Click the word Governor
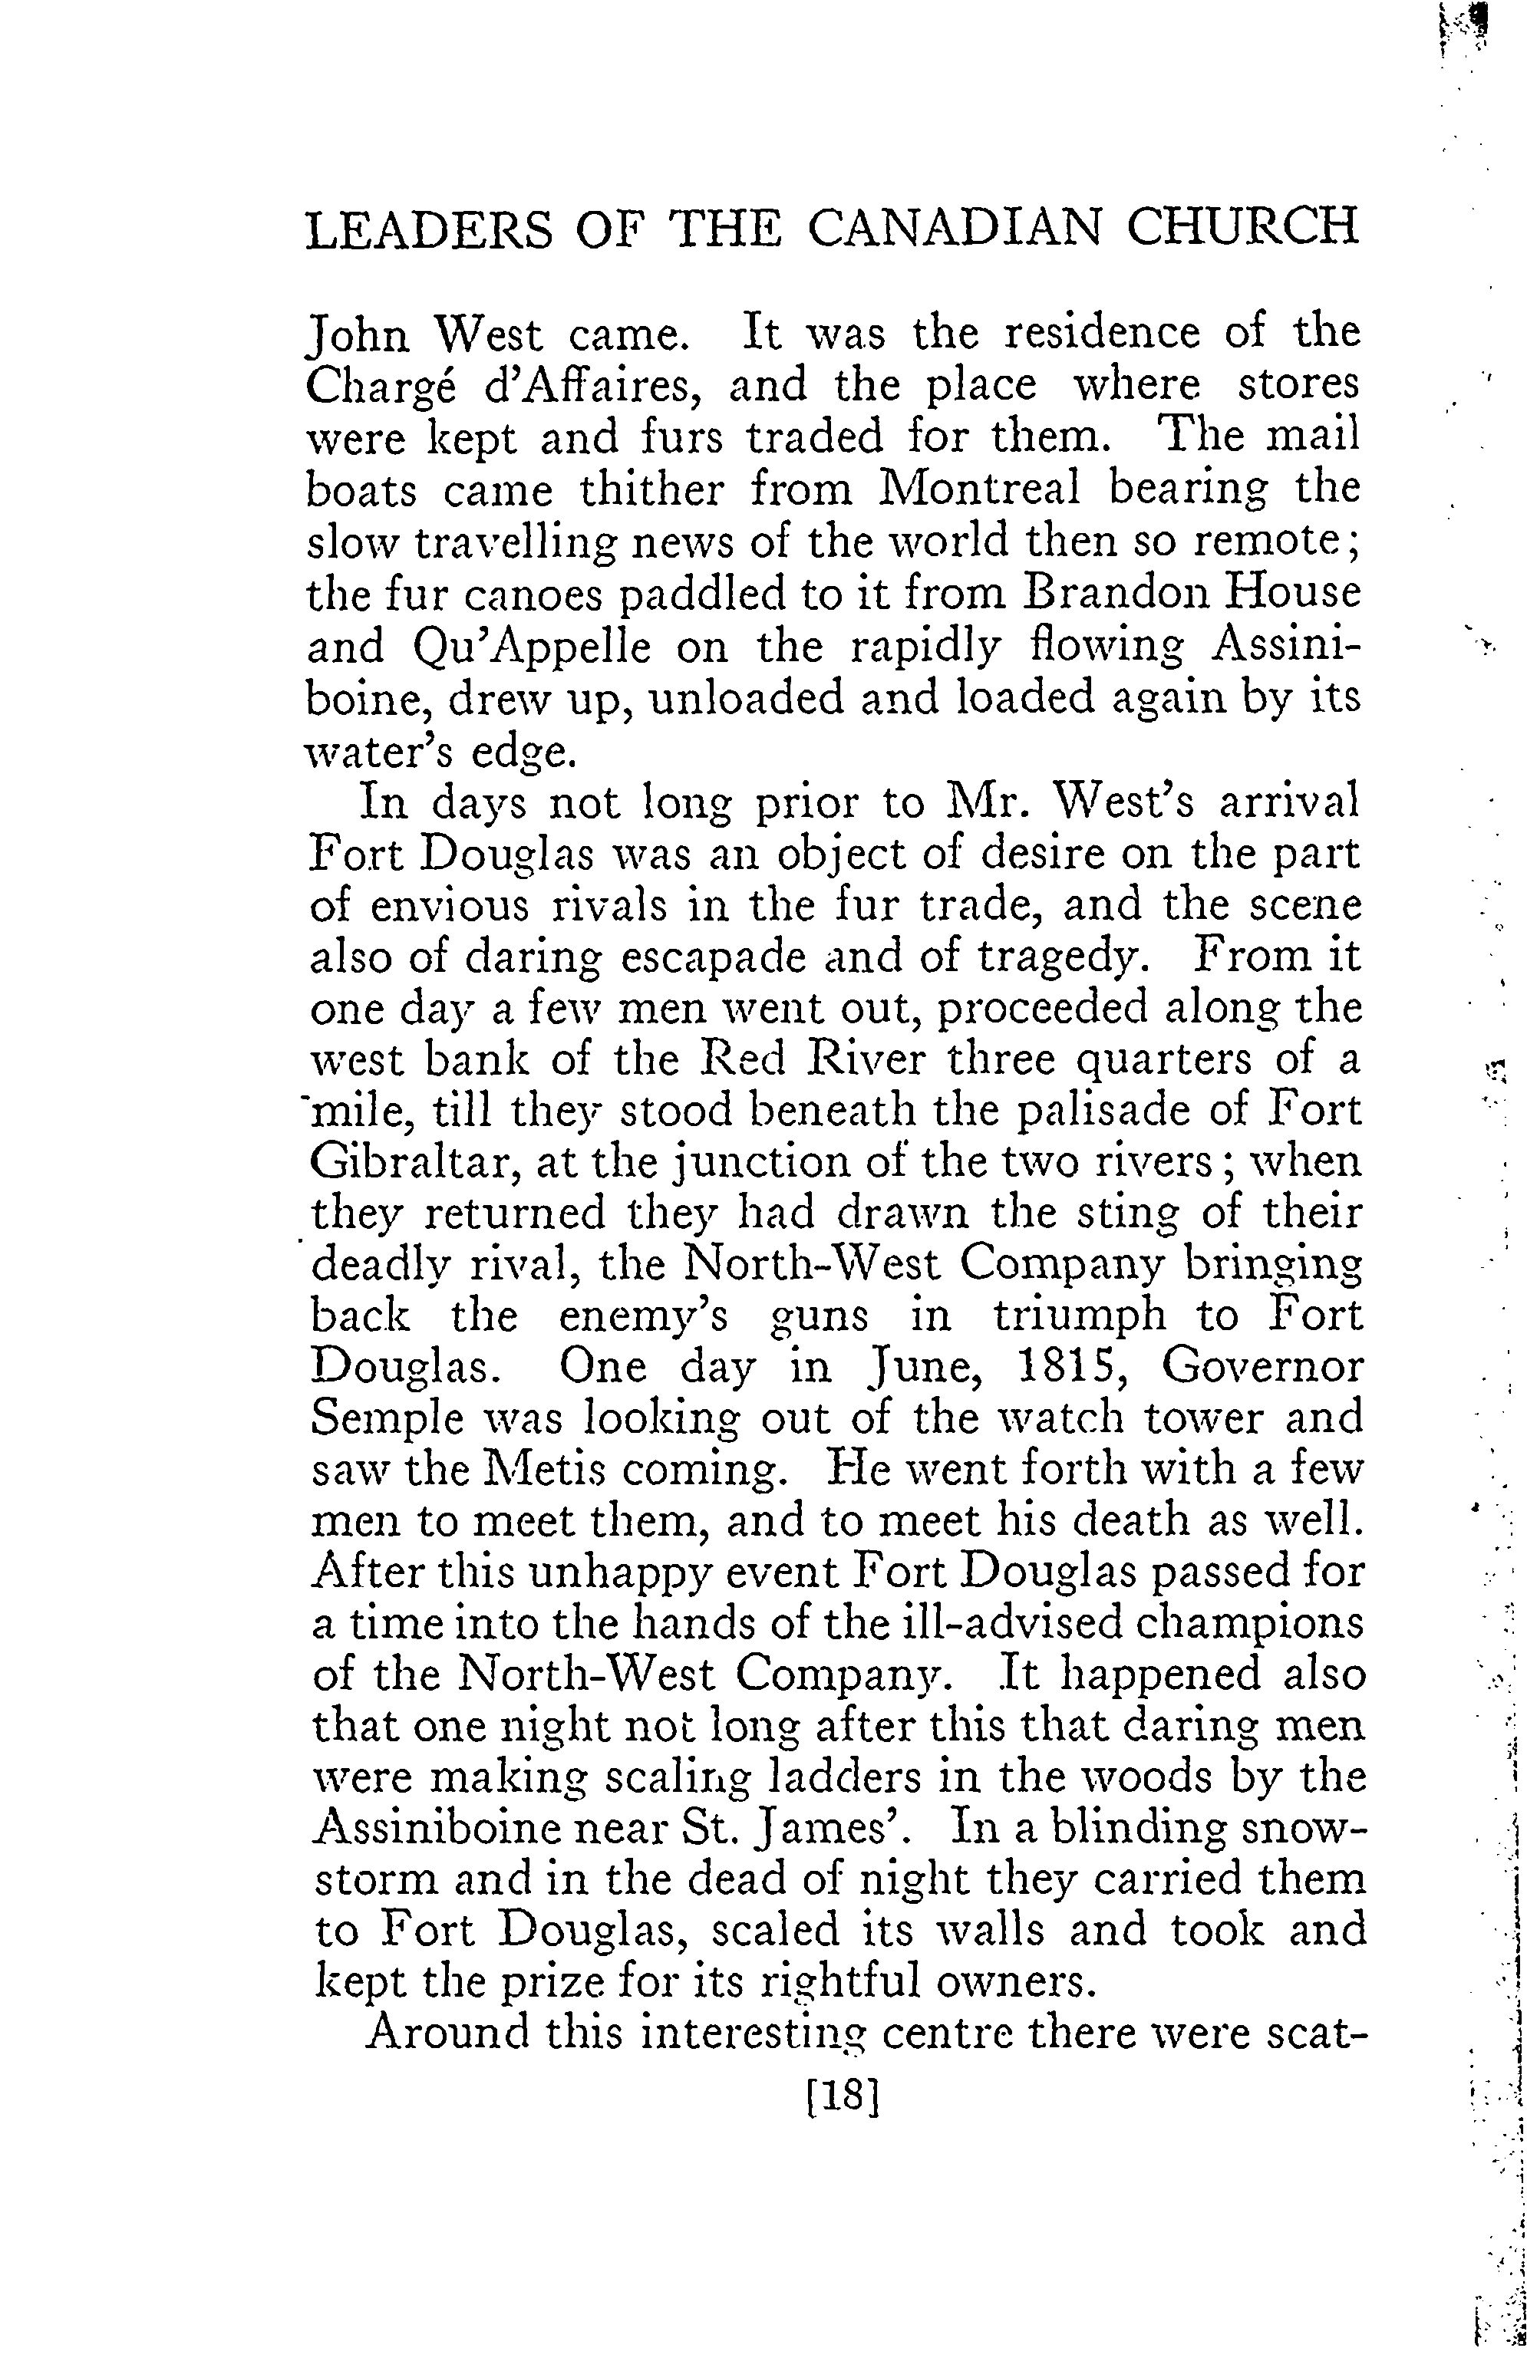point(1262,1367)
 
